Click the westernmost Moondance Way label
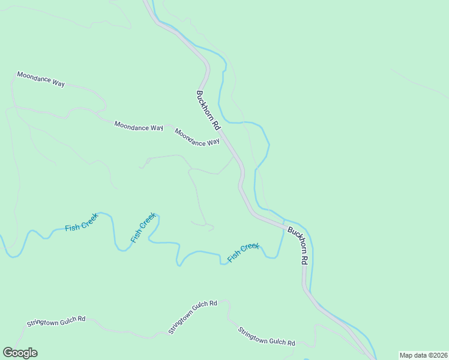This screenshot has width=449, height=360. [41, 79]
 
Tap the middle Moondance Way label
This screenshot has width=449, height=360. [139, 127]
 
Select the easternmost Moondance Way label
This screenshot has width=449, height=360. [197, 137]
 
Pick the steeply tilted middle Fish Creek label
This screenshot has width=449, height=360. [143, 227]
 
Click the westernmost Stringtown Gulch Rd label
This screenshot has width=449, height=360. [56, 321]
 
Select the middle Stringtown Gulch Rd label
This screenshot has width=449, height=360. [192, 317]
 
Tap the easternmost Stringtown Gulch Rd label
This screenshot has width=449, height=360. [266, 337]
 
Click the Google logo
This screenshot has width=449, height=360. [20, 353]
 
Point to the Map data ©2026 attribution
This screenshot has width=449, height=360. [423, 355]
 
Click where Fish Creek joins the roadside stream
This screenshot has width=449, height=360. [283, 221]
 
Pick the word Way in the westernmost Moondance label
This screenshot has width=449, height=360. [58, 83]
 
